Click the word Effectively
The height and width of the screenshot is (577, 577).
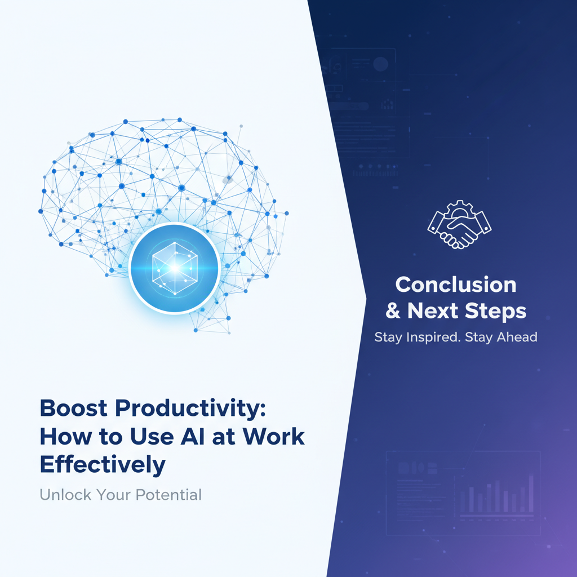pos(103,465)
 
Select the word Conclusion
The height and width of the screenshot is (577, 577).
pos(455,285)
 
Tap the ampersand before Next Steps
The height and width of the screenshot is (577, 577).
pos(393,311)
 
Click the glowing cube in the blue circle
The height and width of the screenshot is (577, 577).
pos(174,268)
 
